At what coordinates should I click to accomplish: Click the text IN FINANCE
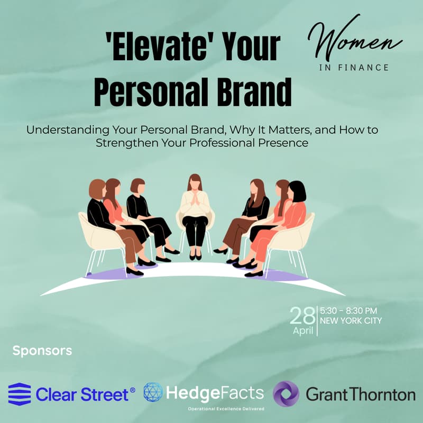[355, 68]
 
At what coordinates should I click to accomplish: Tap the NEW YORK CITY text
[351, 321]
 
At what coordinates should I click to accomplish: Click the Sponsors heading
[42, 350]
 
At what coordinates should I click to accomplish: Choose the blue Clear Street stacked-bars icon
[20, 394]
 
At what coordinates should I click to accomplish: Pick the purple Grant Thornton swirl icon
[286, 394]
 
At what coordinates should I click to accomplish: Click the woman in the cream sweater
[195, 212]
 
